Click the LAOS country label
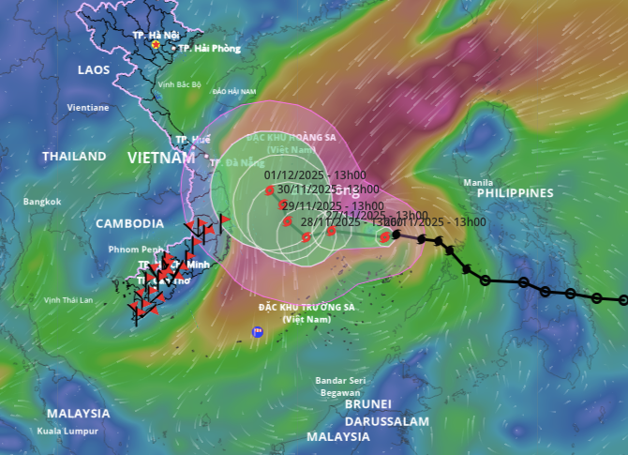click(x=94, y=70)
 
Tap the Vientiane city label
click(x=88, y=108)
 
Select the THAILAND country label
click(x=74, y=157)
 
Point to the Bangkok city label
click(x=42, y=202)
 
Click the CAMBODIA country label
click(x=129, y=223)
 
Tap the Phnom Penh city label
click(x=111, y=250)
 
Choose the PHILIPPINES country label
click(x=516, y=193)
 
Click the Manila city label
click(x=478, y=182)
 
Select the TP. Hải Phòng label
click(x=209, y=49)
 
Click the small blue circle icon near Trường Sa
click(x=258, y=331)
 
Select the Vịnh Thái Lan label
click(x=68, y=300)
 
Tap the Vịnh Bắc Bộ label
click(x=180, y=84)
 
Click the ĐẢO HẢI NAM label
click(x=234, y=92)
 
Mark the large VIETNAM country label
click(x=161, y=158)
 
